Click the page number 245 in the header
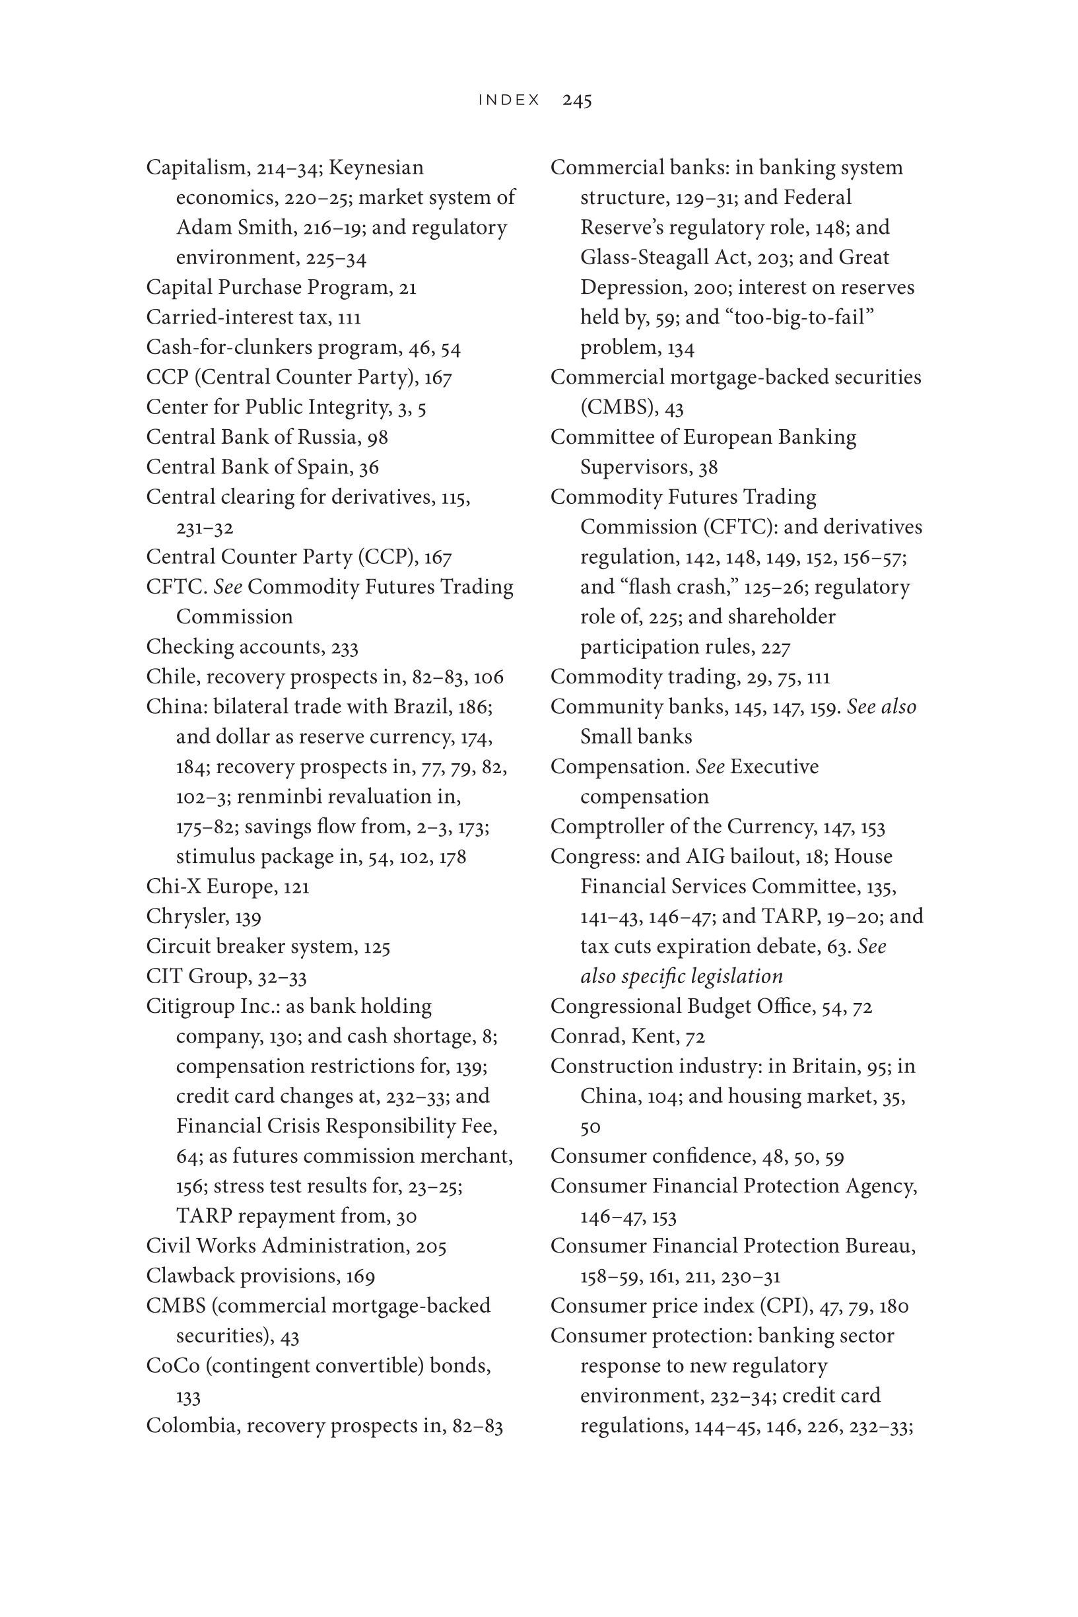tap(577, 100)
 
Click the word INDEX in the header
tap(510, 100)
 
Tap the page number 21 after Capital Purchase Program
tap(408, 287)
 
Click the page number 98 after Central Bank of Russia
tap(378, 437)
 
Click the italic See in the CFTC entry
tap(228, 587)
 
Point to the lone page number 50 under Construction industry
tap(590, 1128)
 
